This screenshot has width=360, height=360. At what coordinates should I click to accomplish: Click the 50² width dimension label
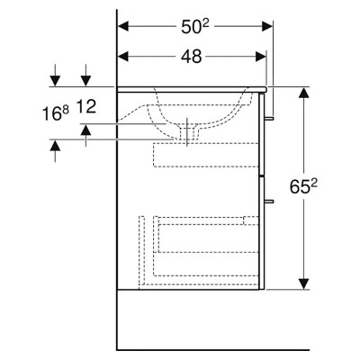(195, 27)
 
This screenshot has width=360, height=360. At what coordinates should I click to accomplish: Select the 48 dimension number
(192, 56)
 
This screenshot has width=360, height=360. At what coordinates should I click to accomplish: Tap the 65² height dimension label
(303, 186)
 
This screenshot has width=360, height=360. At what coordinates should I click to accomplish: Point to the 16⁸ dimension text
(56, 113)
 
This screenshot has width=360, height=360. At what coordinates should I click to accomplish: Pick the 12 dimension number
(86, 106)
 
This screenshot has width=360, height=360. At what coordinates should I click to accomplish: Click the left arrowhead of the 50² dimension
(123, 26)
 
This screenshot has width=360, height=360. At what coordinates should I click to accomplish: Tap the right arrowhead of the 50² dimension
(267, 26)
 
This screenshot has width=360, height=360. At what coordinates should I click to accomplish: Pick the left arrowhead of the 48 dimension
(123, 56)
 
